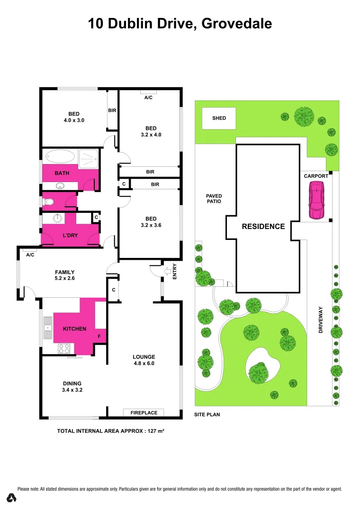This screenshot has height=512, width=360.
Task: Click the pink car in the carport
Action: [316, 201]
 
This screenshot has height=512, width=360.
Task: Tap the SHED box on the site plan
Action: [219, 119]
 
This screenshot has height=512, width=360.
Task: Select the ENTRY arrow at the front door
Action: [168, 271]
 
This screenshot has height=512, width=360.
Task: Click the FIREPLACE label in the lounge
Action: [144, 413]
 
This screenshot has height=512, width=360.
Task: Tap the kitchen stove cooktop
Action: [64, 348]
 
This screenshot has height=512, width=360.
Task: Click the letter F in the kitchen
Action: [99, 337]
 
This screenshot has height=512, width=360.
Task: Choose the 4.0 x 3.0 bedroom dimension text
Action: [74, 120]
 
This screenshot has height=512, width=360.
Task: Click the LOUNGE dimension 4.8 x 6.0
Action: [144, 364]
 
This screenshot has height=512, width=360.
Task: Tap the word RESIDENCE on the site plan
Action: [263, 227]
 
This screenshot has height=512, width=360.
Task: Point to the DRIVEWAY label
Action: [321, 320]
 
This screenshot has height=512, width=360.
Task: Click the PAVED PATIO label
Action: [214, 199]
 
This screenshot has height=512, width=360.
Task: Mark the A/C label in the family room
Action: [30, 255]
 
